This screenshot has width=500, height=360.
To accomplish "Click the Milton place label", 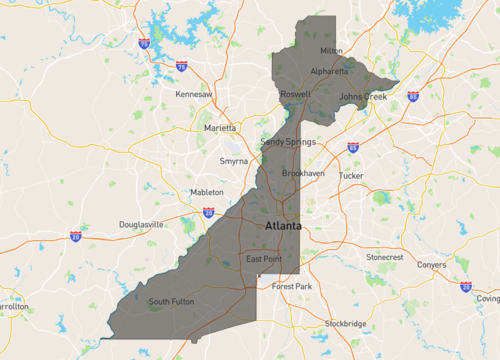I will (x=330, y=50).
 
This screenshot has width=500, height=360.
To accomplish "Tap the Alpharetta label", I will (x=330, y=71).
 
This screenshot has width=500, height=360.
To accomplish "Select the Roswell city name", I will (x=295, y=94).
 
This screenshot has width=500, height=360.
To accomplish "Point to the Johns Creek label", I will (x=362, y=97).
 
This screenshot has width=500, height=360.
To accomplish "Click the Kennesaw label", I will (x=194, y=94).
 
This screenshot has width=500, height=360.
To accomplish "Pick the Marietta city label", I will (x=220, y=128).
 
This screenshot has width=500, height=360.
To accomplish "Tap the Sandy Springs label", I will (x=288, y=142).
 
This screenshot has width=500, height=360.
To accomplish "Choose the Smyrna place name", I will (x=234, y=161).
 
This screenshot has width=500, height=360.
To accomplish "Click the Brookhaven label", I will (x=303, y=173).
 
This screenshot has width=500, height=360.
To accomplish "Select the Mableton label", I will (x=207, y=192).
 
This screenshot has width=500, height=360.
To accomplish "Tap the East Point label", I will (x=264, y=260).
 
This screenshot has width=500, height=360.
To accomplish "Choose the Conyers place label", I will (x=432, y=265).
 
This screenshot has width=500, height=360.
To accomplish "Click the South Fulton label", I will (x=170, y=301).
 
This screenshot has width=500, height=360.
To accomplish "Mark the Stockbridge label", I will (x=345, y=324).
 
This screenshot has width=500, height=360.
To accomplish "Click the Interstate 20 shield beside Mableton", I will (x=208, y=212).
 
